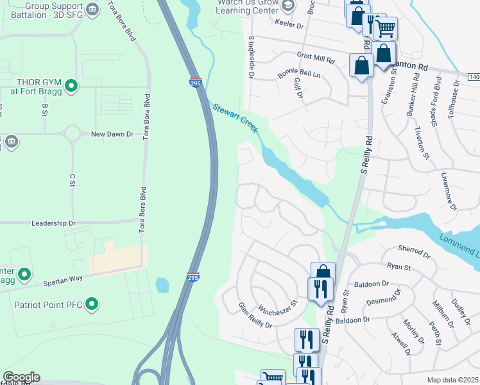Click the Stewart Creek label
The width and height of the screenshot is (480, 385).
pos(236,118)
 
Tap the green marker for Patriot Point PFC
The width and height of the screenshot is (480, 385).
pos(92,303)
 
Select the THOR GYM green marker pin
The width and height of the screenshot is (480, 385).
pos(72,85)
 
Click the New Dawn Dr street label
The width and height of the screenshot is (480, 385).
pos(112,134)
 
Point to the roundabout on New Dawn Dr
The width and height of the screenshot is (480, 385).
pos(72,134)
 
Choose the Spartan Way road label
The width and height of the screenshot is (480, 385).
pos(63,280)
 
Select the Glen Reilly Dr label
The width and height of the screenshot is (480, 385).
pos(255,316)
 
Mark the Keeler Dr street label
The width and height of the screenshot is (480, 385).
pos(288,25)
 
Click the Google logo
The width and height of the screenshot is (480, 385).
pos(21,377)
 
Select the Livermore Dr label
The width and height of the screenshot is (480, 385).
pos(449,191)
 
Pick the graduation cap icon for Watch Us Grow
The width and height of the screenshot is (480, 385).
pos(287,6)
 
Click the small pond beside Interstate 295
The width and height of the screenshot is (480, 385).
pos(162,284)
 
